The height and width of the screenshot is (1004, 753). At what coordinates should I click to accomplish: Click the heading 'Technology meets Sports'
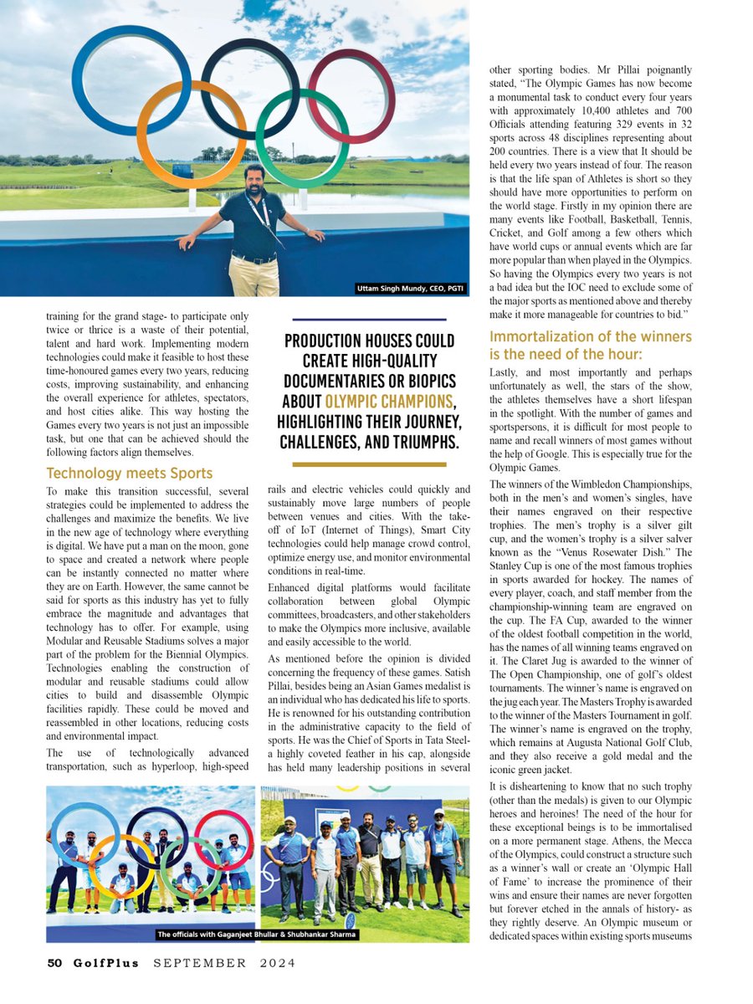[x=130, y=474]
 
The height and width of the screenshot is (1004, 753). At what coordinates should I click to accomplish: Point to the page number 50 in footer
[x=54, y=963]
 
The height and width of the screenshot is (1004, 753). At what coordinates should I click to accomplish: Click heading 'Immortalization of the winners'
[x=590, y=336]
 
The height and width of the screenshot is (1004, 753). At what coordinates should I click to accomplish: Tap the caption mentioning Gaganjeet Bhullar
[x=256, y=935]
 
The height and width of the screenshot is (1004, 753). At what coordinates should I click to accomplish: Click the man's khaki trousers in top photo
[x=254, y=276]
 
